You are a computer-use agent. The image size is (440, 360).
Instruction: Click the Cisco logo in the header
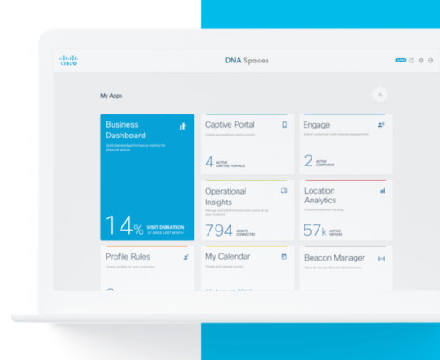(68, 61)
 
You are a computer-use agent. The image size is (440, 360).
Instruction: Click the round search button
(380, 94)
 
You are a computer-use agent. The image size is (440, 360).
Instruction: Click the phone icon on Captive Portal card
(284, 125)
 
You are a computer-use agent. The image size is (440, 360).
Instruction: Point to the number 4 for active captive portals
(209, 161)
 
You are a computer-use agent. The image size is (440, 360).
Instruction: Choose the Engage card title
(317, 125)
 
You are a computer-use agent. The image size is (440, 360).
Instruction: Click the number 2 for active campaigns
(308, 161)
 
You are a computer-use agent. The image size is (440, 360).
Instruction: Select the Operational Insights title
(225, 195)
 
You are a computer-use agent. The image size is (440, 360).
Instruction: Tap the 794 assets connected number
(218, 231)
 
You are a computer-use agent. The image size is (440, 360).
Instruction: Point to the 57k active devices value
(315, 231)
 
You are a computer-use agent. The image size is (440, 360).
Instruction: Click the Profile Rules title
(128, 257)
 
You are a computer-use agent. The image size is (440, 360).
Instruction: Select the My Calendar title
(228, 257)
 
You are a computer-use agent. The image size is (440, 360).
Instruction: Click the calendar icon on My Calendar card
(283, 257)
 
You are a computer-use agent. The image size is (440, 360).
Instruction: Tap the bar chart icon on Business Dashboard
(183, 127)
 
